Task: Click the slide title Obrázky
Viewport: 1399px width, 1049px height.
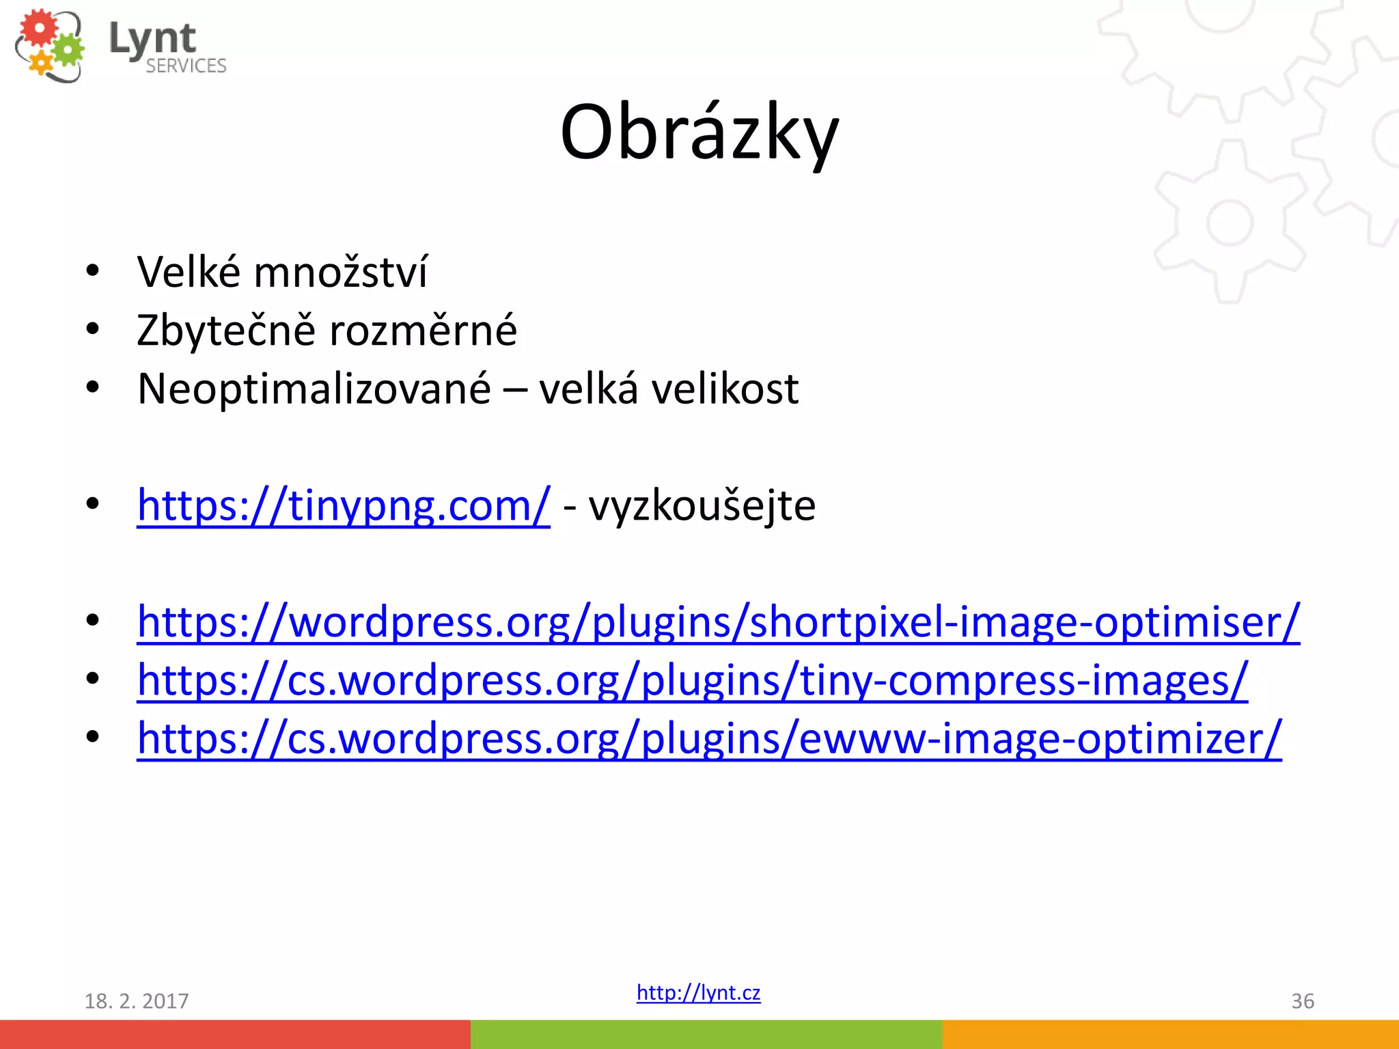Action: (699, 133)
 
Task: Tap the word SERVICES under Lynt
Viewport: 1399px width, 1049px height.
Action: (186, 66)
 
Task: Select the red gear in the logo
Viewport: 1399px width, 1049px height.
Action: (39, 29)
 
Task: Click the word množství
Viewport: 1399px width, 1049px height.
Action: (340, 272)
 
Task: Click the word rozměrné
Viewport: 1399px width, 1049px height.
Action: (423, 331)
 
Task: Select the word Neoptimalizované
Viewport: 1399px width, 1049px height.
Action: (314, 389)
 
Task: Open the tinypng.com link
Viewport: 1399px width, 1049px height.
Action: (343, 506)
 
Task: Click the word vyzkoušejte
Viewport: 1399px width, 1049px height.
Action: (702, 506)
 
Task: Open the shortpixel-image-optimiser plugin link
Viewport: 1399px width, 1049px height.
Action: (718, 622)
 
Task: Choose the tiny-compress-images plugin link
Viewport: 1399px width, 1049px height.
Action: (692, 681)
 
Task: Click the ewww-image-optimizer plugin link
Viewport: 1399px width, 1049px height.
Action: (709, 739)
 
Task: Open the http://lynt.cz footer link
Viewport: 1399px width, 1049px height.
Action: (698, 992)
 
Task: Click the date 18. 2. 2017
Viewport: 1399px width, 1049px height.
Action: (136, 1001)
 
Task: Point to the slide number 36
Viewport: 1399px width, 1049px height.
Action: (1302, 1001)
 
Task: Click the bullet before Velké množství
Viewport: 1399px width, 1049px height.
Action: (93, 271)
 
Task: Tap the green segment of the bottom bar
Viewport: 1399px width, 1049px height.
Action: (706, 1034)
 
